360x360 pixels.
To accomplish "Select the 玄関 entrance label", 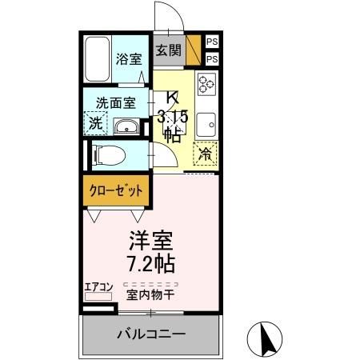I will pyautogui.click(x=168, y=50).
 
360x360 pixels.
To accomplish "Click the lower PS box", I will pyautogui.click(x=211, y=58).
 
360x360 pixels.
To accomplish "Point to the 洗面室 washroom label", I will pyautogui.click(x=116, y=102).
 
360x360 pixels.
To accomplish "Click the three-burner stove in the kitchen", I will pyautogui.click(x=206, y=84).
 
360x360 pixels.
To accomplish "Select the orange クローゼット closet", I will pyautogui.click(x=116, y=191).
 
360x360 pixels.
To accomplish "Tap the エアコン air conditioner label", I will pyautogui.click(x=99, y=286).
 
